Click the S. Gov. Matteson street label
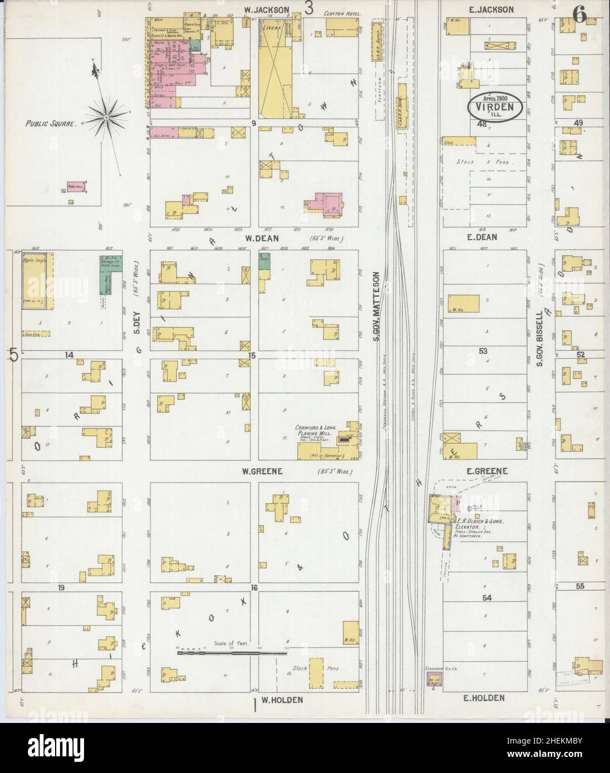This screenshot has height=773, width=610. pos(376,306)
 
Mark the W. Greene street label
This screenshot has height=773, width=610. pos(262,472)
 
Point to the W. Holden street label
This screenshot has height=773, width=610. pos(282,700)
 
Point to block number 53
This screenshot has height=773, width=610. pos(483,351)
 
